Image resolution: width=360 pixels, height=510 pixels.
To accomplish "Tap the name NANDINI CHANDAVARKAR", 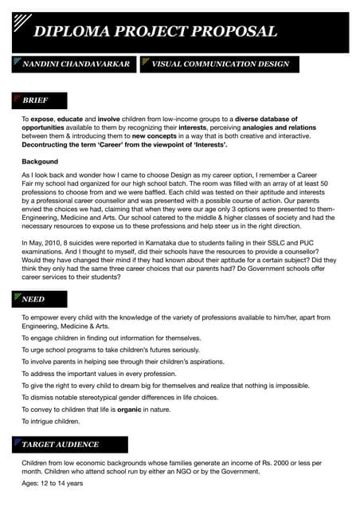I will pyautogui.click(x=76, y=64).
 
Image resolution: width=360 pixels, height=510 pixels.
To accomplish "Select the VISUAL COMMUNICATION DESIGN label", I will pyautogui.click(x=221, y=64).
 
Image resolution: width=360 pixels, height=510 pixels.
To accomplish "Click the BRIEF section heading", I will pyautogui.click(x=35, y=100).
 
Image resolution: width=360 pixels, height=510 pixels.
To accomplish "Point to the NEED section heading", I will pyautogui.click(x=33, y=300).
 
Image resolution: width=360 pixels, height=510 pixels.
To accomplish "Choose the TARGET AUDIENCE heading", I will pyautogui.click(x=61, y=444).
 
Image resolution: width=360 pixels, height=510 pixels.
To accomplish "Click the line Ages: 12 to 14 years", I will pyautogui.click(x=53, y=483).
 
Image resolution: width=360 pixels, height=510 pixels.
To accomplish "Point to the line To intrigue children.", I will pyautogui.click(x=51, y=421).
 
